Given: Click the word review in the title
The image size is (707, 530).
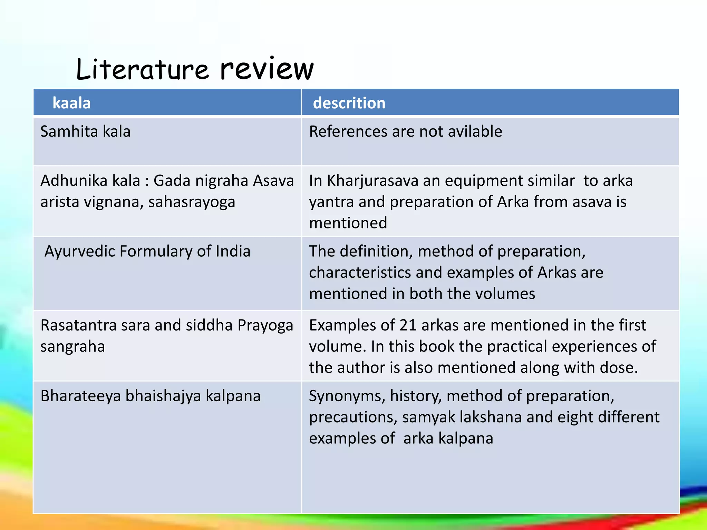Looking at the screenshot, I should [267, 69].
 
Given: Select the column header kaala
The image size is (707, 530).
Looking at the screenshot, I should [71, 103].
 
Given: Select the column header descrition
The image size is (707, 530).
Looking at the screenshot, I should [349, 103].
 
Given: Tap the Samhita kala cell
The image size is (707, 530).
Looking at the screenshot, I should [85, 131].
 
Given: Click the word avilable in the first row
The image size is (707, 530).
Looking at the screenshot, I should [475, 131].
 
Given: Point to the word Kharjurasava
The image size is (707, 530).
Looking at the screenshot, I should [372, 181].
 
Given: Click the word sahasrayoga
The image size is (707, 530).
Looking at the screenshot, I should [192, 202].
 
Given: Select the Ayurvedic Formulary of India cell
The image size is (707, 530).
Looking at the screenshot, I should [147, 251].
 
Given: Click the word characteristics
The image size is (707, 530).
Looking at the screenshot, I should [360, 273].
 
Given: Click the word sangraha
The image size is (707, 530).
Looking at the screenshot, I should [72, 347].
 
